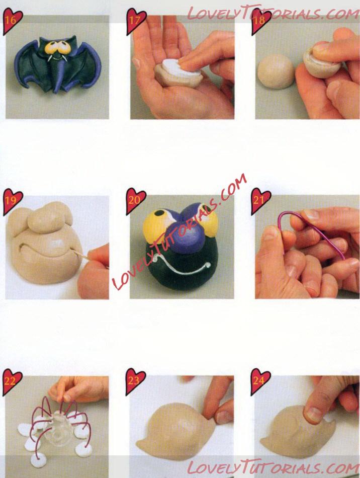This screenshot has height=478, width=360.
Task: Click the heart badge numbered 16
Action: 12,21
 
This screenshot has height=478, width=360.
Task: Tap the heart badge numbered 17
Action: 136,21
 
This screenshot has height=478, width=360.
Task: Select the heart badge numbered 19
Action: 13,201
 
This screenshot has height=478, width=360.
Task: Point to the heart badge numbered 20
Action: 136,201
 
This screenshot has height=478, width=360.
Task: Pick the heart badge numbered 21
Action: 260,201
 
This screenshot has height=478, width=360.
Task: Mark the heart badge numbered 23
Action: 136,381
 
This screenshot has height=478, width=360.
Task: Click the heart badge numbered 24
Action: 260,381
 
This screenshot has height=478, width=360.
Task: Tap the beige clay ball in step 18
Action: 276,71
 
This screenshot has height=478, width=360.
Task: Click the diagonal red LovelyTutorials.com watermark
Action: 179,231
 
